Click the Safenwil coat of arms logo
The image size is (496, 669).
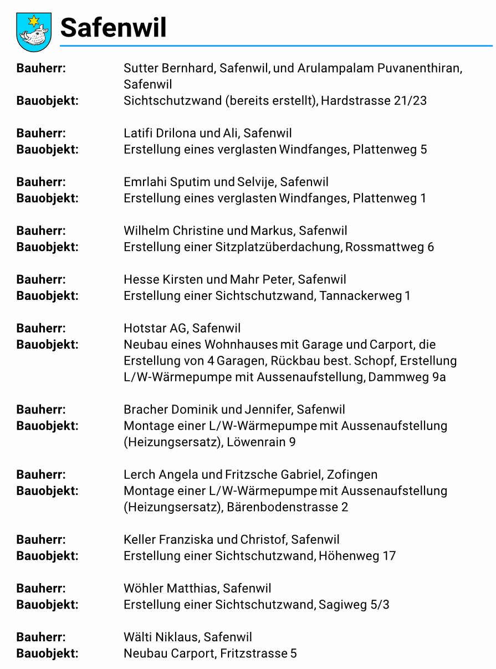click(x=34, y=32)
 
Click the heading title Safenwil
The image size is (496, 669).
click(x=113, y=27)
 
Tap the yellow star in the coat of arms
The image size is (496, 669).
click(x=34, y=21)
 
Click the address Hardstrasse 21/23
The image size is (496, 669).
click(x=374, y=101)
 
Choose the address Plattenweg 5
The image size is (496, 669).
click(x=390, y=149)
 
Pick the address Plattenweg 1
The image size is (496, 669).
click(x=390, y=198)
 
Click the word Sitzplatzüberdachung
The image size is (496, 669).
click(x=277, y=247)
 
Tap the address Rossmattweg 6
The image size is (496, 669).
click(x=389, y=247)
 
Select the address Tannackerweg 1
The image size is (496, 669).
click(x=365, y=295)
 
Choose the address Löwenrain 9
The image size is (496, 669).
click(x=261, y=442)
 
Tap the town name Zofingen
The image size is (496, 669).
click(x=352, y=474)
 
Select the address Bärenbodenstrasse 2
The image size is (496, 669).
click(x=287, y=507)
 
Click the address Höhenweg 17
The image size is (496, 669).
click(x=357, y=555)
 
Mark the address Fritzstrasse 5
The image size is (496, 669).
click(x=258, y=653)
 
